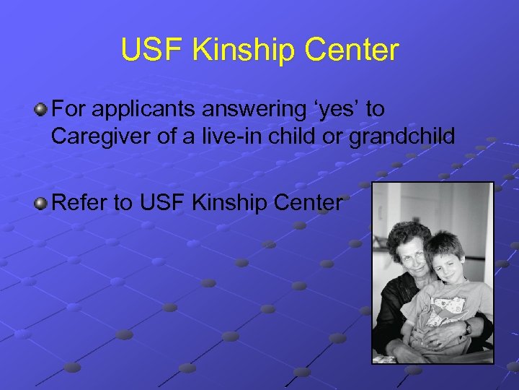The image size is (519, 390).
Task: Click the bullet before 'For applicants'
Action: click(42, 110)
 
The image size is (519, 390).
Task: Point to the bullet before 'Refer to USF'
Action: click(42, 204)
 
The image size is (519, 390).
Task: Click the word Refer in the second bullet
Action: click(76, 204)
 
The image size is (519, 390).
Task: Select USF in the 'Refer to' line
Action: click(164, 204)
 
